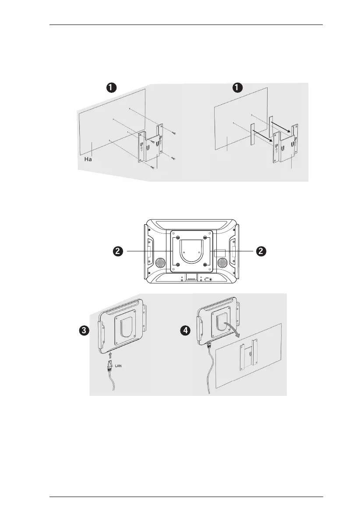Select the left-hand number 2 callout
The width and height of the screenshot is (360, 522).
point(117,252)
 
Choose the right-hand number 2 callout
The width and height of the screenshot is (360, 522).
point(261,252)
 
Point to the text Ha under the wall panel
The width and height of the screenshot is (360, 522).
point(88,161)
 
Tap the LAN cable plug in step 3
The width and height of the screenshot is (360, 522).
point(109,367)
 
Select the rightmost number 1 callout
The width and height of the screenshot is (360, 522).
point(237,88)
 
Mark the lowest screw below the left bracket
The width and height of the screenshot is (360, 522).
point(152,167)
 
